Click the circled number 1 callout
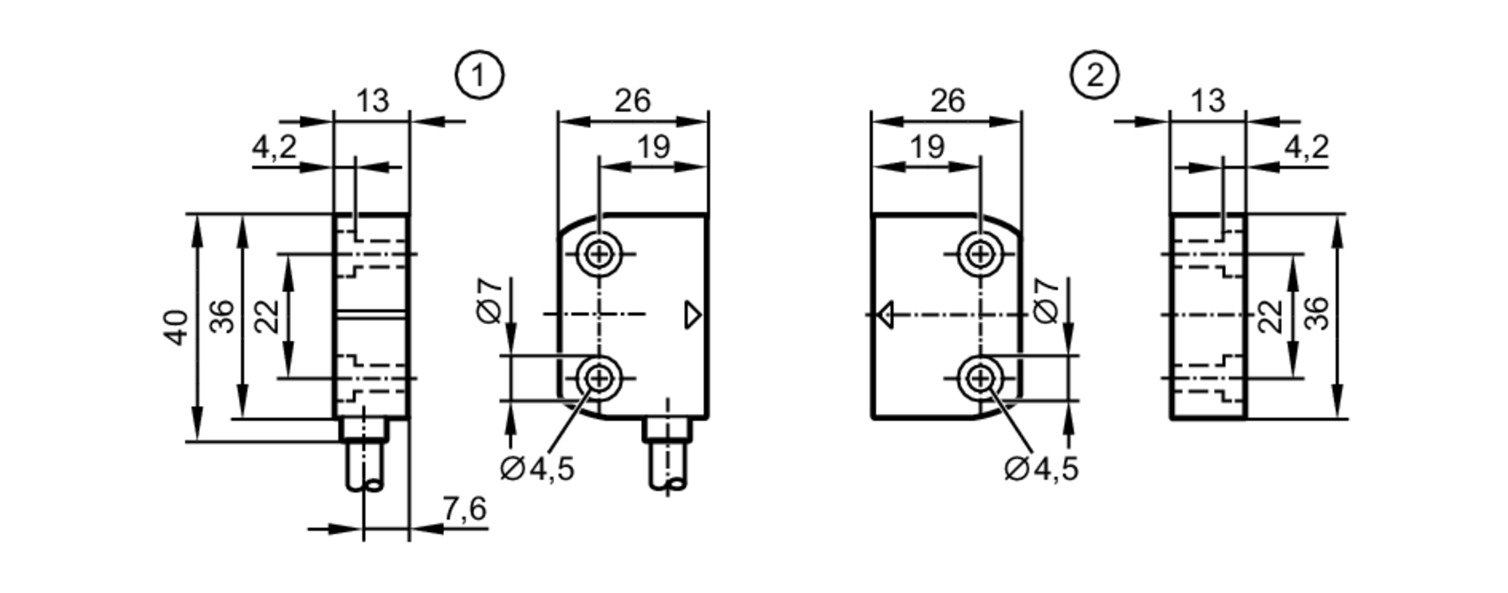(480, 75)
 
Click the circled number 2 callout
(1094, 75)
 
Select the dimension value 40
(177, 327)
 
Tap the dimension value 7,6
(464, 510)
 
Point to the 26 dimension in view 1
(632, 101)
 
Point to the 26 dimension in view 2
(947, 101)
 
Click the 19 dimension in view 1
(653, 147)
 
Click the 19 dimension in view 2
(927, 147)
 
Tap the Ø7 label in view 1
(490, 301)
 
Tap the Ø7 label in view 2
(1046, 301)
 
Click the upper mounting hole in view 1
(599, 254)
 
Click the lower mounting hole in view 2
(980, 378)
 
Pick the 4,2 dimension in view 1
(274, 148)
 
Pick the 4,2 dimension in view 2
(1306, 148)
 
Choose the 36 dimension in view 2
(1316, 313)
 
